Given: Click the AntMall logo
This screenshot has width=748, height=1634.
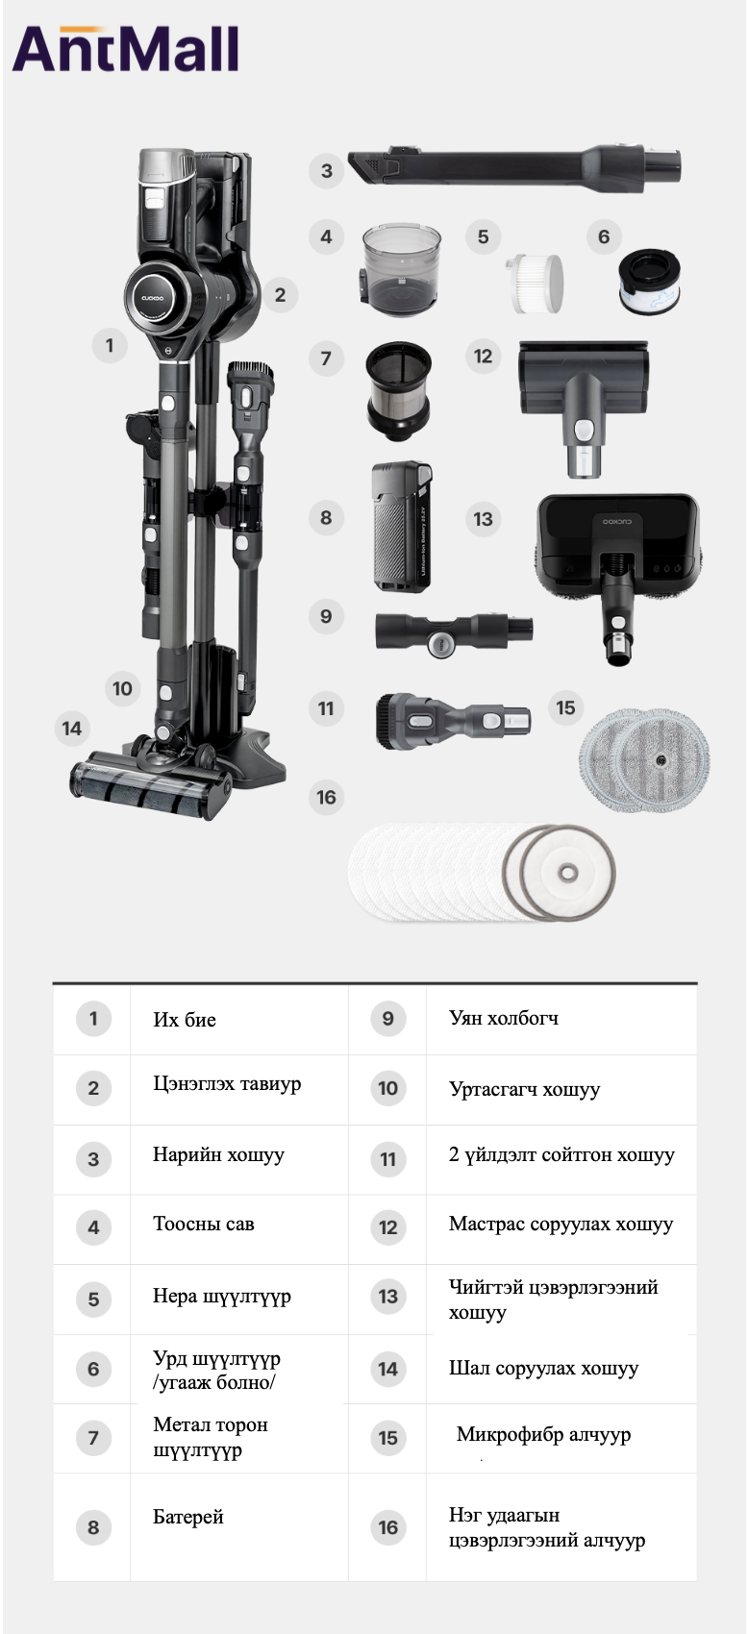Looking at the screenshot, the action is [x=126, y=49].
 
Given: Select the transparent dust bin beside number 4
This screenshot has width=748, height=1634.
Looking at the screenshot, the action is [x=401, y=269].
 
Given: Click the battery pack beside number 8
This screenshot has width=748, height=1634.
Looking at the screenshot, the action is [x=401, y=526].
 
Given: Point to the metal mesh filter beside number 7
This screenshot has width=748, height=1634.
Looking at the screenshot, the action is [x=398, y=392].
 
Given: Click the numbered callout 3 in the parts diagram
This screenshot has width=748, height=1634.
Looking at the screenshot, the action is [x=326, y=171].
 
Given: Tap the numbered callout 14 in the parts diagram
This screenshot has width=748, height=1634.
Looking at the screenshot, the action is [x=72, y=728].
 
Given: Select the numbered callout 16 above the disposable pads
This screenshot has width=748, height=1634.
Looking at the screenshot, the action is [x=326, y=798].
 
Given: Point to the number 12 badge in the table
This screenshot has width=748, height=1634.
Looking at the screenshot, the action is [x=388, y=1227].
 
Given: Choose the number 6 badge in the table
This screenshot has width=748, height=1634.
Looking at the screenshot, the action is [x=93, y=1369].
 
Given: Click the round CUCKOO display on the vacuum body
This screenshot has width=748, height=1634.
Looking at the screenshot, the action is [x=159, y=298].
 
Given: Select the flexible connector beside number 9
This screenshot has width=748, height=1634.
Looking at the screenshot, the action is [x=454, y=631].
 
